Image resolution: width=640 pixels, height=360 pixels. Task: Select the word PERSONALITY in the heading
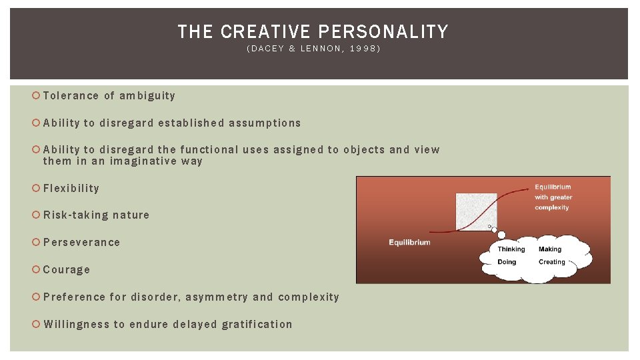[x=383, y=31]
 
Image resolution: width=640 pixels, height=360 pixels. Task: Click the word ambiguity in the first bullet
[x=147, y=95]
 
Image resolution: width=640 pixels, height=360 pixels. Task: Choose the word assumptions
[x=265, y=123]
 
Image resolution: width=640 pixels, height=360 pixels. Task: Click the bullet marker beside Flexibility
[x=36, y=188]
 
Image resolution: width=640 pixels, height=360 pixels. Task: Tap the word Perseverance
[x=81, y=242]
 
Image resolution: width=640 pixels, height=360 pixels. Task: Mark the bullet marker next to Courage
[x=36, y=269]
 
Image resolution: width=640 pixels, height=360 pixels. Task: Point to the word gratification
[x=257, y=324]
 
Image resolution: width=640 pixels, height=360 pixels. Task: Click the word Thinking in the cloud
[x=511, y=249]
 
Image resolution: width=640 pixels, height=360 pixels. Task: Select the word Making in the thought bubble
[x=550, y=249]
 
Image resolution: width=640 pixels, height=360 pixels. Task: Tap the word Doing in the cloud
[x=507, y=262]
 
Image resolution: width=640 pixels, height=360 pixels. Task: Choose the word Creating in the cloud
[x=552, y=262]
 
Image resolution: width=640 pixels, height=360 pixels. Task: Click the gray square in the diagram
[x=475, y=211]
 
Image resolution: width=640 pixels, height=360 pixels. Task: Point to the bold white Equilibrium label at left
[x=409, y=242]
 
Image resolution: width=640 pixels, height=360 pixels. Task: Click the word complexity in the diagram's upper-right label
[x=552, y=207]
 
